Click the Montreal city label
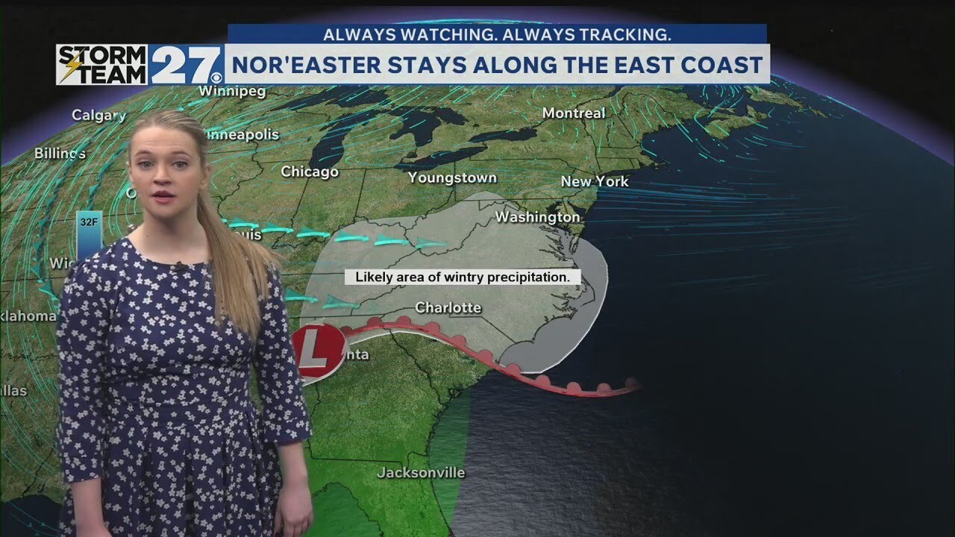click(573, 113)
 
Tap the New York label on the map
click(595, 181)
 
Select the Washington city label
click(537, 217)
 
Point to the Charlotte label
click(448, 307)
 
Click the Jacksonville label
click(421, 473)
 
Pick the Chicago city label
click(310, 172)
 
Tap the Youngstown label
click(452, 178)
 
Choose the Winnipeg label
click(222, 91)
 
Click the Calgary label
click(98, 115)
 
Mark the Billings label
click(60, 154)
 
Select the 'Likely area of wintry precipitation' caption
click(463, 277)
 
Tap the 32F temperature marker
click(90, 222)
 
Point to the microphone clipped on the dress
click(180, 266)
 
